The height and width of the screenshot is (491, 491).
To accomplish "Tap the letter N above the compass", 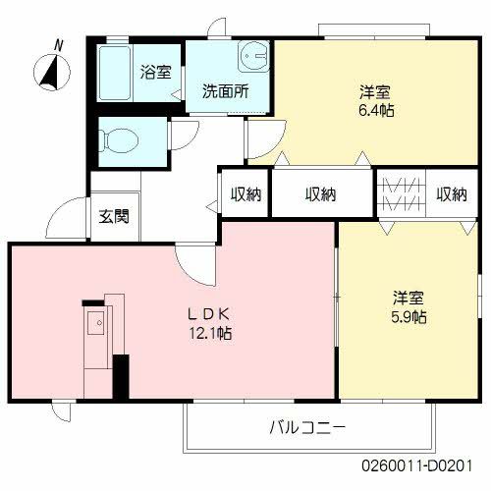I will click(x=59, y=45).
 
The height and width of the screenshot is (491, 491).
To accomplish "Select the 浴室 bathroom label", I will click(x=155, y=72).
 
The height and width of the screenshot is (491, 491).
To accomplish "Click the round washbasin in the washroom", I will click(x=253, y=55).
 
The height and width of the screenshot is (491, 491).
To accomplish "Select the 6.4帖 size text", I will click(x=373, y=112).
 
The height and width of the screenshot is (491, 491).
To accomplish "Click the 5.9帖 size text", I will click(x=409, y=317).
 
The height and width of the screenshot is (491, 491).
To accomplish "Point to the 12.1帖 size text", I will click(x=210, y=333).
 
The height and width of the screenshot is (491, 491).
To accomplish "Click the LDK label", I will click(x=209, y=314).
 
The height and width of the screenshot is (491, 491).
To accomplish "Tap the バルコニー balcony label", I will click(x=309, y=428).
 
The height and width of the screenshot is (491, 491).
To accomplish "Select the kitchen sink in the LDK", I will click(x=98, y=322).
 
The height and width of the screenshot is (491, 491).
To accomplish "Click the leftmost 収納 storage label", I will click(x=245, y=194).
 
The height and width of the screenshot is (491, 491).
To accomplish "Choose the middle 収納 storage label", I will click(x=320, y=194).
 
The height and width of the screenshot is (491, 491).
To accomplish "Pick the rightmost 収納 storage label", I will click(x=452, y=194).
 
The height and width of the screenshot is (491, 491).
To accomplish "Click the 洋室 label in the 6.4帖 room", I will click(x=373, y=93).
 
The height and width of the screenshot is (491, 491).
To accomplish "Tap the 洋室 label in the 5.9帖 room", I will click(x=409, y=298).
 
